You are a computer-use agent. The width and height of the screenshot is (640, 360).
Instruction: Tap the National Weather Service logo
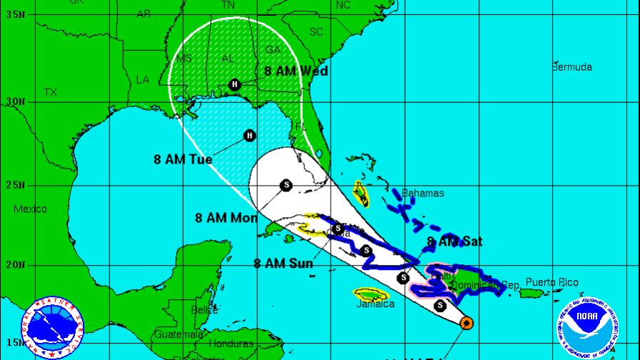tap(52, 326)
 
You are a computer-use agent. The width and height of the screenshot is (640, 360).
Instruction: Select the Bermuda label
tap(571, 67)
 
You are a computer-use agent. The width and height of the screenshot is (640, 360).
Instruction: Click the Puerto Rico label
tap(554, 283)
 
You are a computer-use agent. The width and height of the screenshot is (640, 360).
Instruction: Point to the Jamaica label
tap(375, 304)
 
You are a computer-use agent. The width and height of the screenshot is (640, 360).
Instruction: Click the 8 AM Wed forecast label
tap(295, 71)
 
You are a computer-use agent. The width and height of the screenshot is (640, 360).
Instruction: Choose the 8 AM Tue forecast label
tap(183, 159)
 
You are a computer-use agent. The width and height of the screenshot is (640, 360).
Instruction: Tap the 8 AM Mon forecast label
tap(226, 218)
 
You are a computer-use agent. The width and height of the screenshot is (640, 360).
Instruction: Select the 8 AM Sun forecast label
tap(283, 263)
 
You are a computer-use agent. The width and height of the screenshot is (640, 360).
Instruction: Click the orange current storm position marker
tap(466, 323)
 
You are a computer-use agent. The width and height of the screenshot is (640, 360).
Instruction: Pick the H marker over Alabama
tap(234, 85)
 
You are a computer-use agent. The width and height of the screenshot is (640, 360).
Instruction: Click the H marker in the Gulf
tap(249, 135)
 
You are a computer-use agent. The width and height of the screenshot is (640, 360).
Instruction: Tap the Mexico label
tap(30, 209)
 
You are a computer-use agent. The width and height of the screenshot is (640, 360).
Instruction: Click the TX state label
tap(50, 93)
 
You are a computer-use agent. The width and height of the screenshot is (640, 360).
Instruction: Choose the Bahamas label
tap(422, 194)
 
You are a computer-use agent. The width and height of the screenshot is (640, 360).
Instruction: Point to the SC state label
tap(316, 32)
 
